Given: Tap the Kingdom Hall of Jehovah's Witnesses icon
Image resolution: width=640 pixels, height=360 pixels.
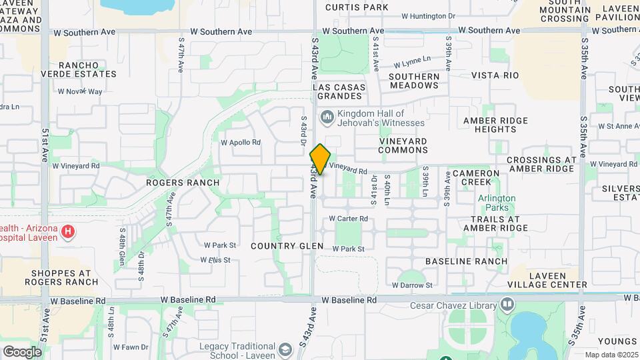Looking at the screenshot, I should (327, 118).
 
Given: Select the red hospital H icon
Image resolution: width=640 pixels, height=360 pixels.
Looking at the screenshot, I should (67, 232).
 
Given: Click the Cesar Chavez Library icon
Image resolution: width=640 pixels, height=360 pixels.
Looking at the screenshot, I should (508, 305).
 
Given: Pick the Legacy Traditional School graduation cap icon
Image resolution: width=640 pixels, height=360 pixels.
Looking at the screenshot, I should (285, 349).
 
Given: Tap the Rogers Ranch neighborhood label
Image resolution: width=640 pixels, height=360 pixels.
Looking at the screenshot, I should (183, 183).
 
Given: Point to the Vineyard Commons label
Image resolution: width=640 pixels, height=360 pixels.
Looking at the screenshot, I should (403, 145).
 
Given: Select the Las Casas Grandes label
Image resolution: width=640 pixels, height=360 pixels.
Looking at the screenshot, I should (340, 91).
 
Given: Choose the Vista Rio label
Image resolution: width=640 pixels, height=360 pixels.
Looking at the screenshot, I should (495, 76).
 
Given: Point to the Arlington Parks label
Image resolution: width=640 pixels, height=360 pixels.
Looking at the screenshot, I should (497, 202).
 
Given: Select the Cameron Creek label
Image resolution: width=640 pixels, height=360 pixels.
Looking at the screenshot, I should (476, 177).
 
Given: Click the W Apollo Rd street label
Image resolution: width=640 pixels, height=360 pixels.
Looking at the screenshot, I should (241, 142).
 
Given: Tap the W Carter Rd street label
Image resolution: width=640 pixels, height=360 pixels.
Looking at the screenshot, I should (349, 219).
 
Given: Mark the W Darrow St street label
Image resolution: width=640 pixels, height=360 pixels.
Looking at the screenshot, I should (412, 285).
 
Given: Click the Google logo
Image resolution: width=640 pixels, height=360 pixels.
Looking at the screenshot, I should (23, 351).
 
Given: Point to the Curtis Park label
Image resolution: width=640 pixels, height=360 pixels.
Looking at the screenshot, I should (357, 7).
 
